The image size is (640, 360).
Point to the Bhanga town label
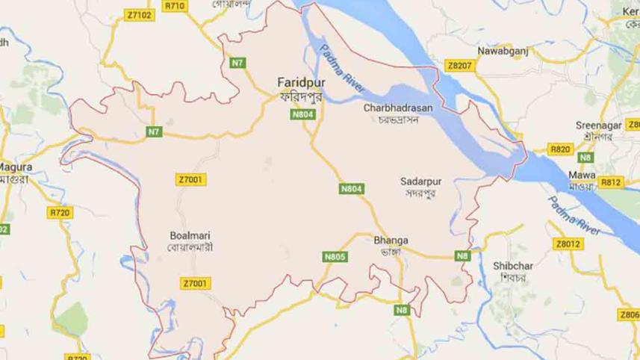391,240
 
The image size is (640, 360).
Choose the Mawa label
580,175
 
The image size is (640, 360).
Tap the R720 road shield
60,213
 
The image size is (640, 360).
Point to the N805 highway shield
335,257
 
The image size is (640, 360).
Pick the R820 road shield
560,149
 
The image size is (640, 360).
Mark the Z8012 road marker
568,243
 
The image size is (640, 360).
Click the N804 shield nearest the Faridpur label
302,114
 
